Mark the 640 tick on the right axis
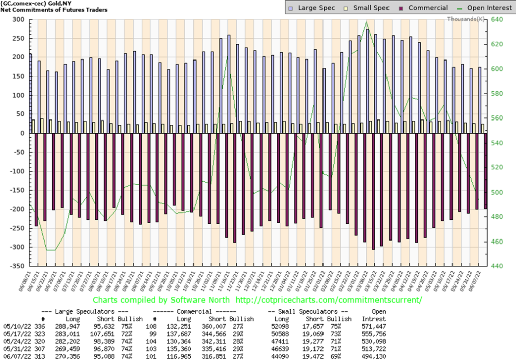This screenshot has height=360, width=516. [496, 19]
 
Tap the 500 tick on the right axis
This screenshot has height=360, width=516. [496, 192]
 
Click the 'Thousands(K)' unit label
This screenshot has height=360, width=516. [466, 19]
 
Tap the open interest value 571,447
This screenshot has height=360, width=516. [374, 326]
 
